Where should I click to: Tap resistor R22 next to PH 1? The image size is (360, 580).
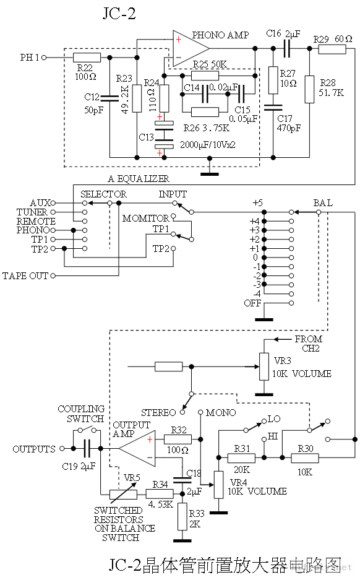coord(87,58)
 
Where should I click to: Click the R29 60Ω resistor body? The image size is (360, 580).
coord(332,48)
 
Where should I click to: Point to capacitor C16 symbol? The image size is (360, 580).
coord(287,48)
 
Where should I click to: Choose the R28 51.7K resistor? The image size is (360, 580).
coord(309,89)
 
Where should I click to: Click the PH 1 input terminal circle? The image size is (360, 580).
coord(44,58)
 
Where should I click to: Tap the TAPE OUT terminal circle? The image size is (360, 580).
coord(53,275)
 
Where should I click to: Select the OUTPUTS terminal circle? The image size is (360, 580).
coord(62,448)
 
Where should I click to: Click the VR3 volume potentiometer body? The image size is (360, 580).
coord(264,366)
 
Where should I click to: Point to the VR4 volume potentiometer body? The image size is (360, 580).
coord(219,485)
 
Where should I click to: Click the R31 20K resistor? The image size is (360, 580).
coord(241,457)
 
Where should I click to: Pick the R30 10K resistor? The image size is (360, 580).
coord(305,457)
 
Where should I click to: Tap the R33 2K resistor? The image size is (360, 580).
coord(182,516)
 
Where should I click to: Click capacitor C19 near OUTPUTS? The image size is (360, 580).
coord(87,448)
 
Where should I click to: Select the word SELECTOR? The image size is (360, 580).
coord(103,194)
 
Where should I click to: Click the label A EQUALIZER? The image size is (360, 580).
coord(139,179)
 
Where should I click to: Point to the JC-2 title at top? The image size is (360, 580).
coord(119,14)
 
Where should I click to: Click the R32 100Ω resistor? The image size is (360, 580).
coord(178,439)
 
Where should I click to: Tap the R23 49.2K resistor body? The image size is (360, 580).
coord(137,98)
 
